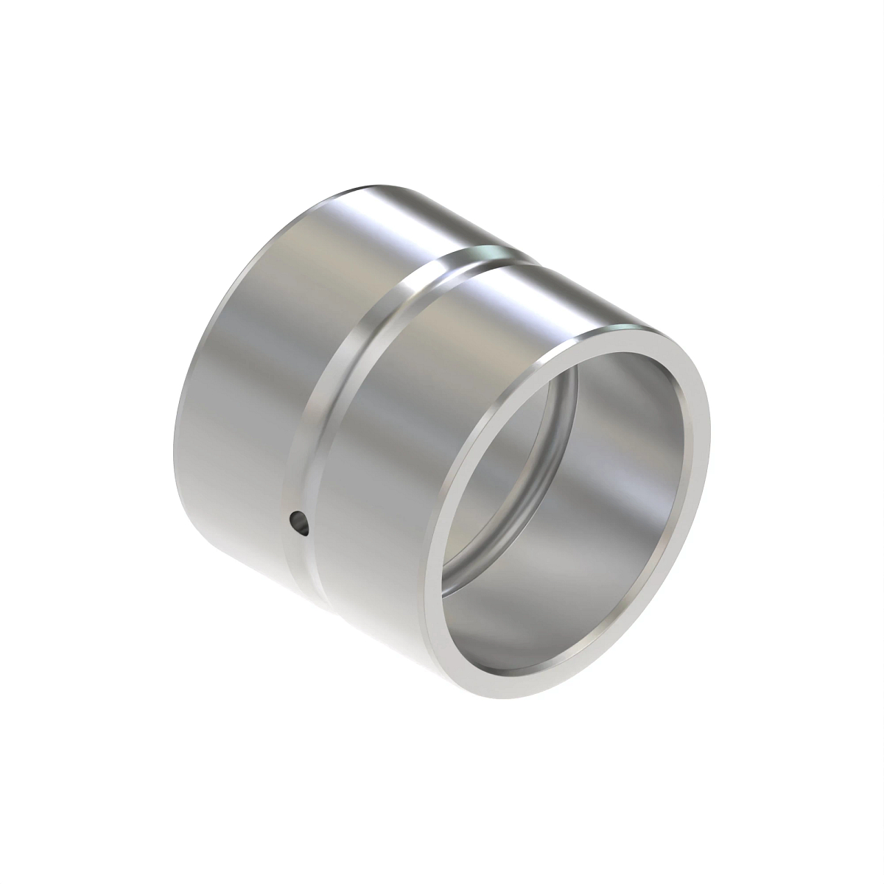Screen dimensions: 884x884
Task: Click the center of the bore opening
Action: point(567,508)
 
